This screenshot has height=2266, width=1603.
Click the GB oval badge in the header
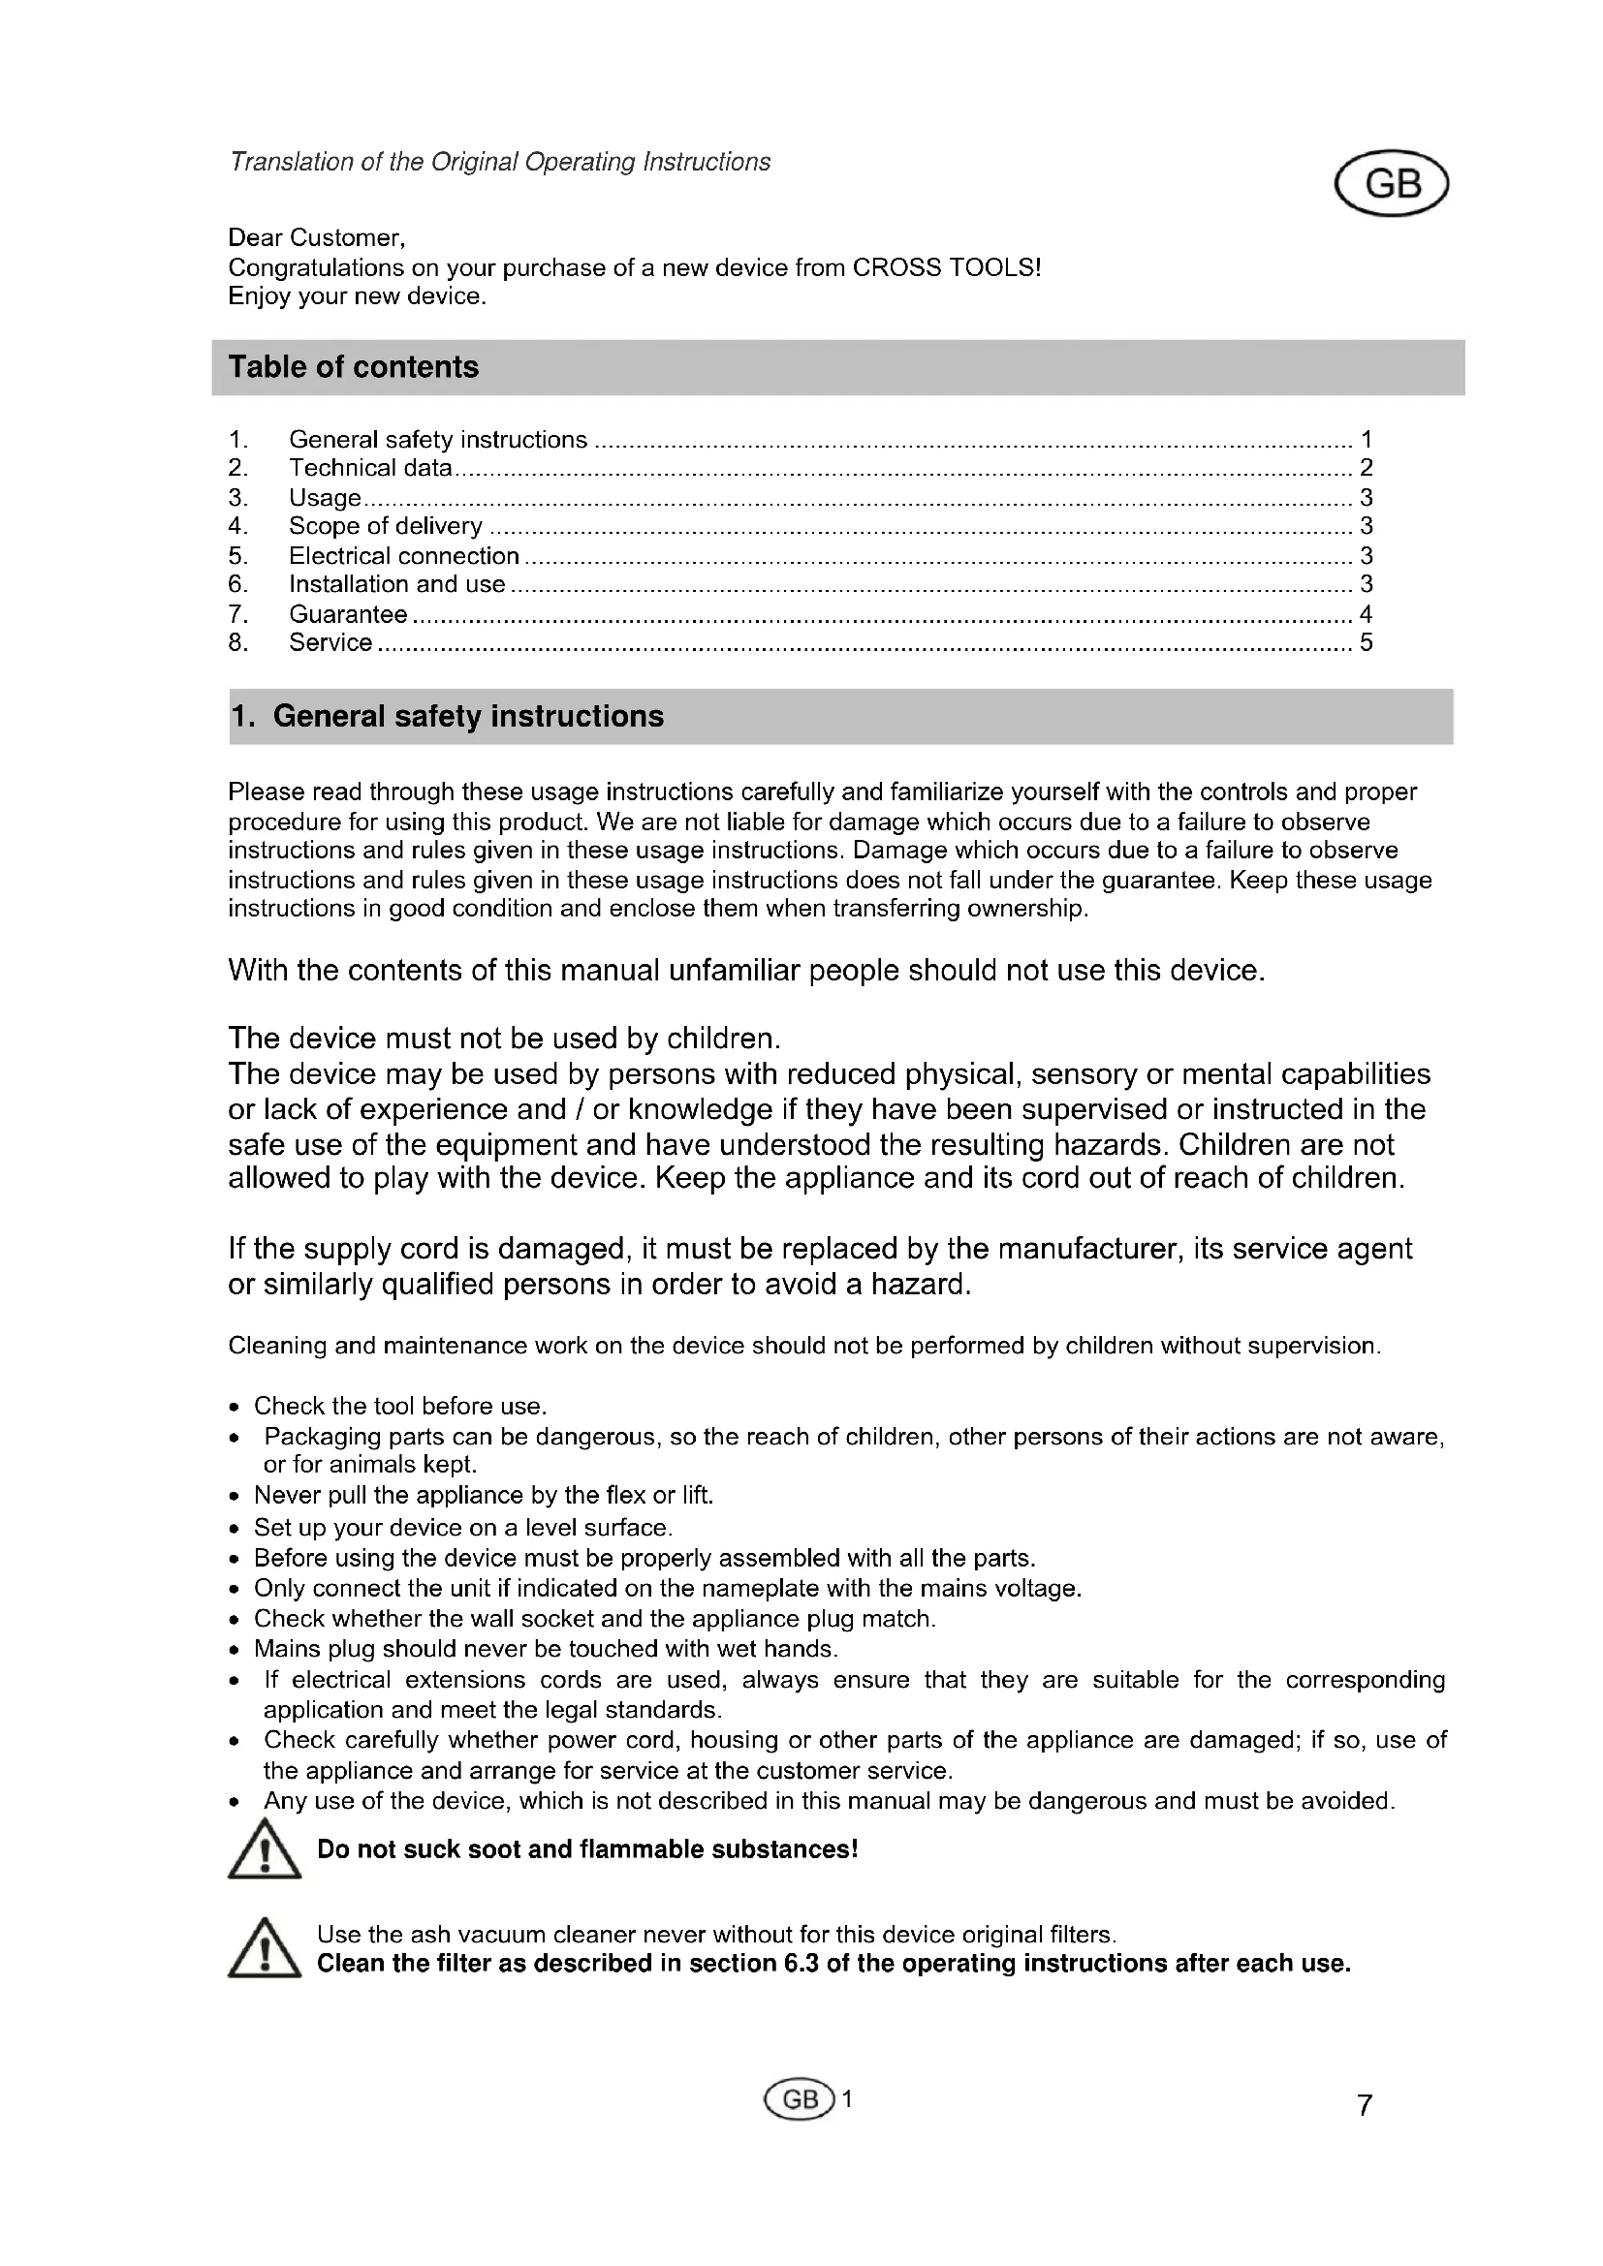pos(1391,183)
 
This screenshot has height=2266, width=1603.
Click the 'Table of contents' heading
pos(354,367)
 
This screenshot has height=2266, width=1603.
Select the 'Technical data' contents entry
pos(370,468)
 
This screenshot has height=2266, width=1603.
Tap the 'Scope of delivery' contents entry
pos(385,526)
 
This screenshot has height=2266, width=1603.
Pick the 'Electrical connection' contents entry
pos(404,556)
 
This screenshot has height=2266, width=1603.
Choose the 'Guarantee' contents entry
pos(348,614)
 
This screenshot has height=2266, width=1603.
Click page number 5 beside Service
pos(1367,642)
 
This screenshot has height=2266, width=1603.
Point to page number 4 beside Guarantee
pos(1367,614)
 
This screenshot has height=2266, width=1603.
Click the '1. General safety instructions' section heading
pos(447,717)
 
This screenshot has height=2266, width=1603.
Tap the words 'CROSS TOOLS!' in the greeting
pos(947,267)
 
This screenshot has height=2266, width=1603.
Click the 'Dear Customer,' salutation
pos(317,238)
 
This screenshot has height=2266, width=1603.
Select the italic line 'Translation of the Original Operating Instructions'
pos(499,162)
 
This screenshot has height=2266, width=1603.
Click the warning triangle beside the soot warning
pos(265,1851)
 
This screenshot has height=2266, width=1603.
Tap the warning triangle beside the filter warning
pos(265,1948)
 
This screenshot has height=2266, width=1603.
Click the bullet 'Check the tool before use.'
pos(399,1407)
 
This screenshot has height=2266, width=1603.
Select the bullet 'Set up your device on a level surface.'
pos(463,1528)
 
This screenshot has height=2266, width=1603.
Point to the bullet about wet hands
pos(546,1649)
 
